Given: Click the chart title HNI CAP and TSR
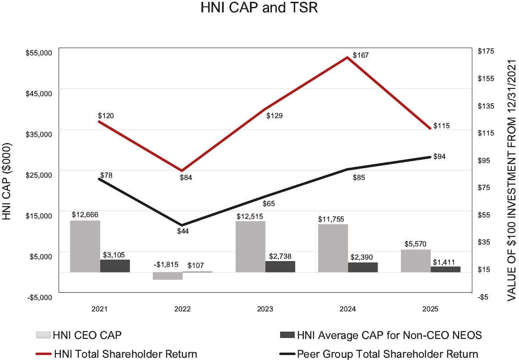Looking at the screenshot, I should click(259, 8).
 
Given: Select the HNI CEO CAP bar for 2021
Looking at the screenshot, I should click(85, 246).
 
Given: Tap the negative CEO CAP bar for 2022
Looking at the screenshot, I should click(168, 276).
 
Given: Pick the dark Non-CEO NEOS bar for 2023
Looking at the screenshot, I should click(280, 267).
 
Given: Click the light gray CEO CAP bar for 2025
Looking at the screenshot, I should click(416, 261).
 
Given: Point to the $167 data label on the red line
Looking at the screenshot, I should click(361, 55).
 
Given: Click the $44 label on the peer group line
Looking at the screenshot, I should click(183, 231).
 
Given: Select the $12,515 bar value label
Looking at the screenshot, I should click(250, 216).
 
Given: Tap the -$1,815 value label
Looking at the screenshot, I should click(167, 265).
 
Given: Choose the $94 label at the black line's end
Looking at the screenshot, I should click(439, 156).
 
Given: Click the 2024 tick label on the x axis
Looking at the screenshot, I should click(347, 309).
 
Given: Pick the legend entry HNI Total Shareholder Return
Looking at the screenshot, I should click(125, 354).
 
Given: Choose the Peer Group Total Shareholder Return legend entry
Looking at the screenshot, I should click(387, 354).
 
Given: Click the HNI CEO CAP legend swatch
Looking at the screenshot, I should click(43, 335).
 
